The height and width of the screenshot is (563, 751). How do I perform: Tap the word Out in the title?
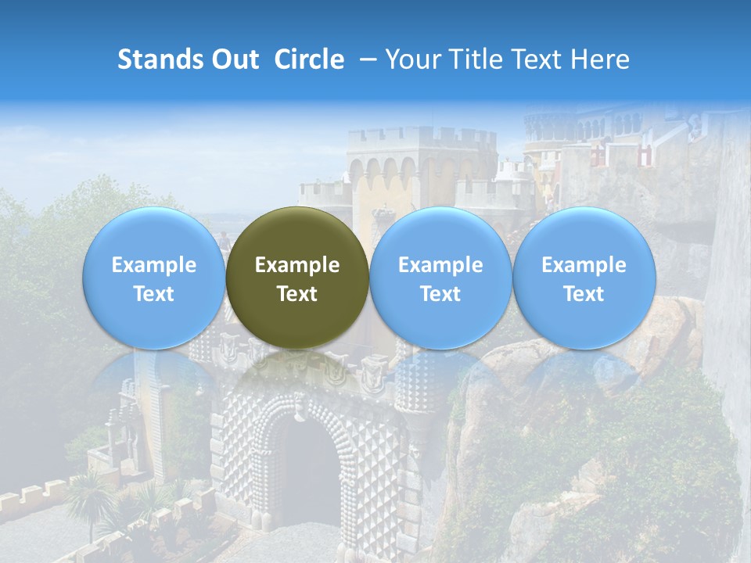[x=235, y=59]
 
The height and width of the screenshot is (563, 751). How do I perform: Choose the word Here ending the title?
[x=601, y=59]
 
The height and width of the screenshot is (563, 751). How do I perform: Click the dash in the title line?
[x=365, y=59]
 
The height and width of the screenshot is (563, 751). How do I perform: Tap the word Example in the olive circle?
[x=297, y=265]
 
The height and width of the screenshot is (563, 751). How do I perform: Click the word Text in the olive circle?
[x=297, y=294]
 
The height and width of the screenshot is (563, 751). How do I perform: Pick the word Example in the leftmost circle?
[x=153, y=265]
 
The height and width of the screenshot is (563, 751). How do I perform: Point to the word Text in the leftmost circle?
[x=153, y=294]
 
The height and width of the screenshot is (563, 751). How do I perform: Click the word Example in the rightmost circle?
[x=584, y=265]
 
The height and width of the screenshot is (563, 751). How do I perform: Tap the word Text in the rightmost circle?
[x=584, y=294]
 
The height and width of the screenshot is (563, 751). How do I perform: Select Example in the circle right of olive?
[x=440, y=265]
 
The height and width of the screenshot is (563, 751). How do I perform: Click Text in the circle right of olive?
[x=440, y=294]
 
